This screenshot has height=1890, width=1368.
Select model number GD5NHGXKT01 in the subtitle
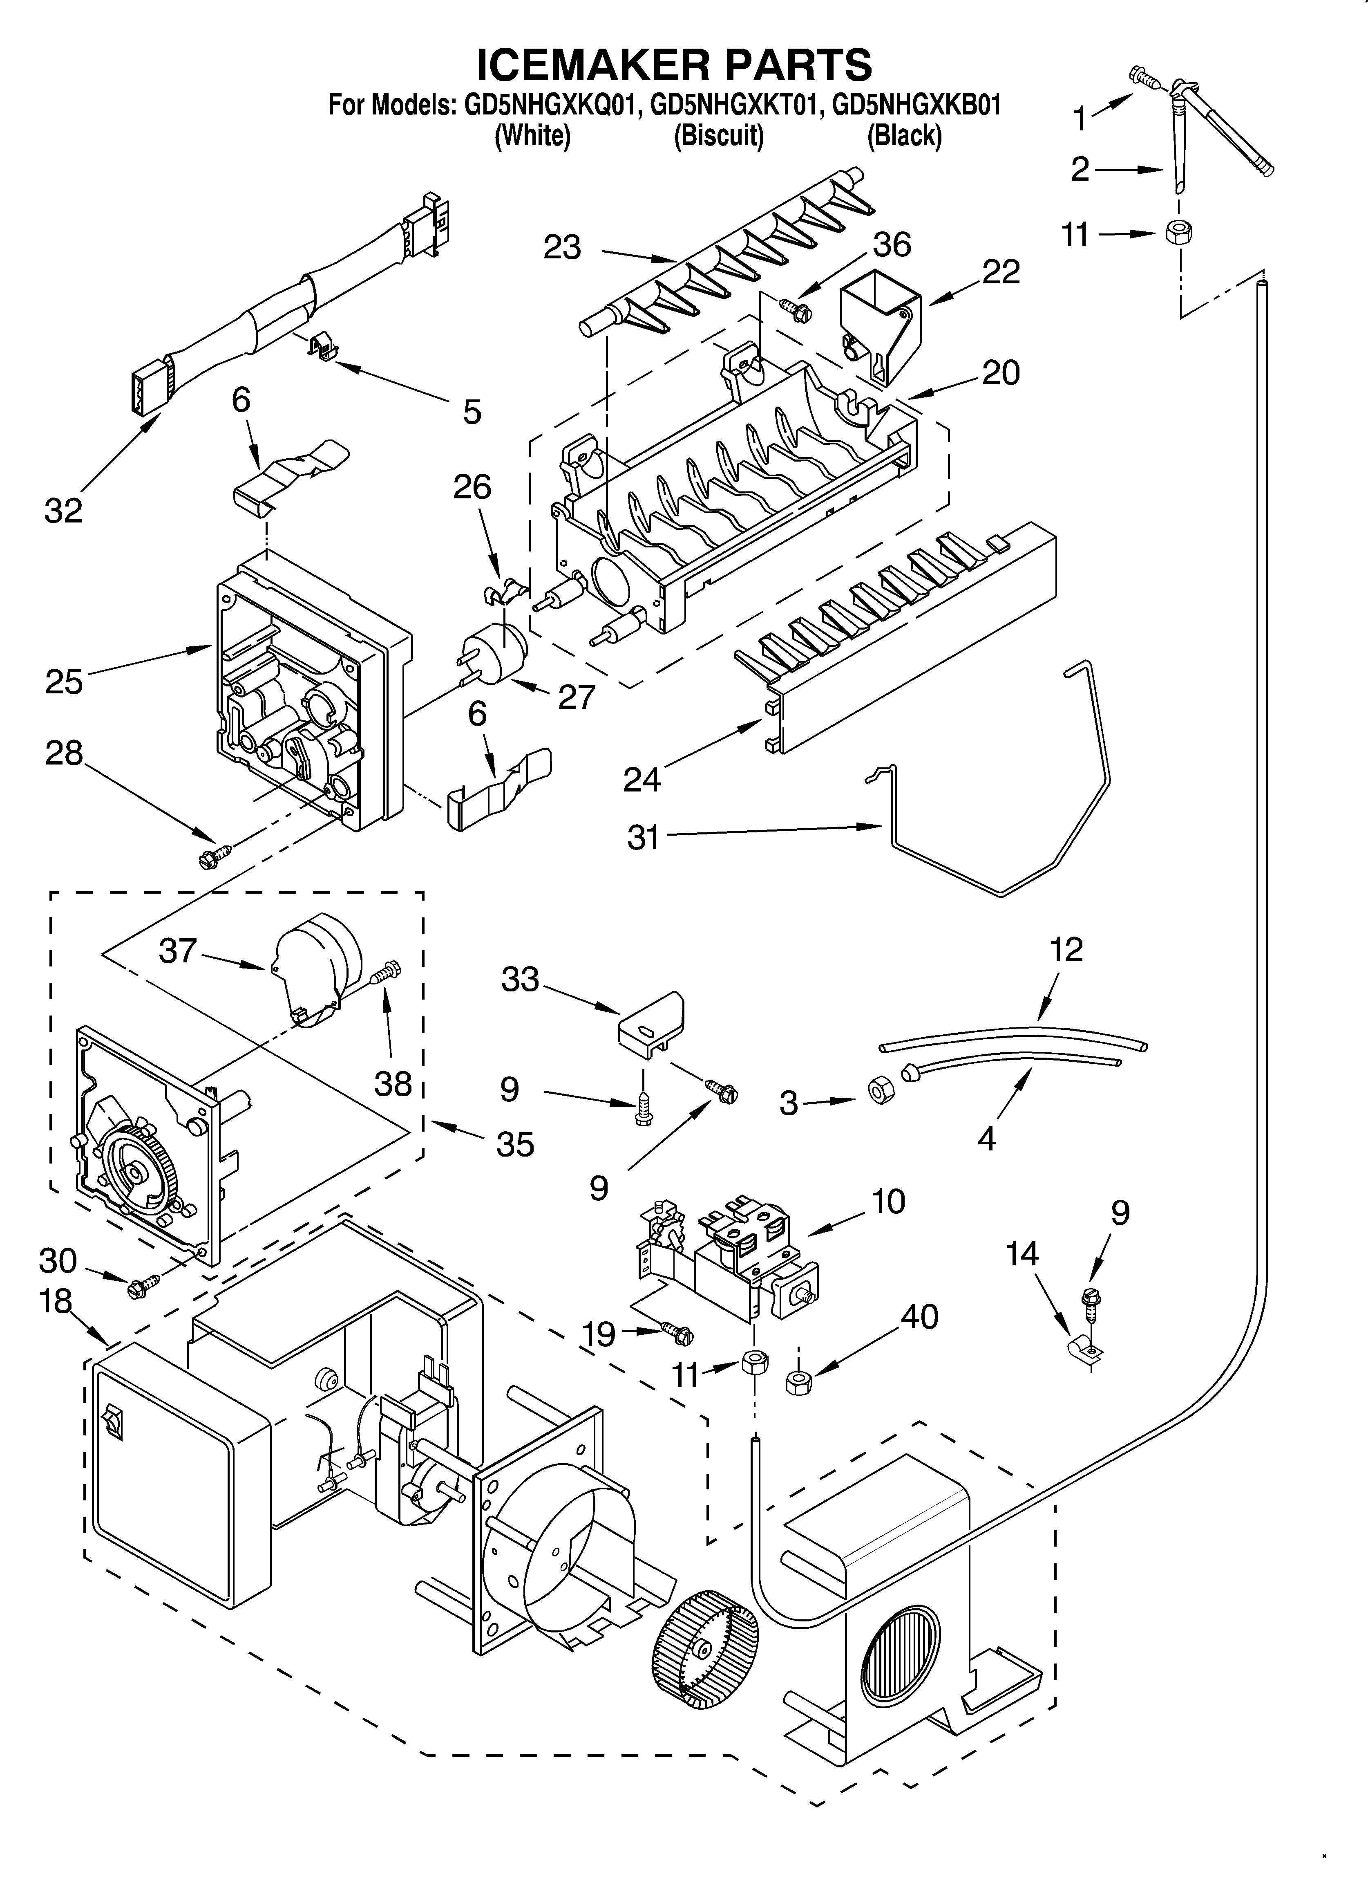click(730, 106)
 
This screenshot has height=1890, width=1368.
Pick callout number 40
click(919, 1317)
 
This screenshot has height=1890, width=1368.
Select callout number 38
click(392, 1083)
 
